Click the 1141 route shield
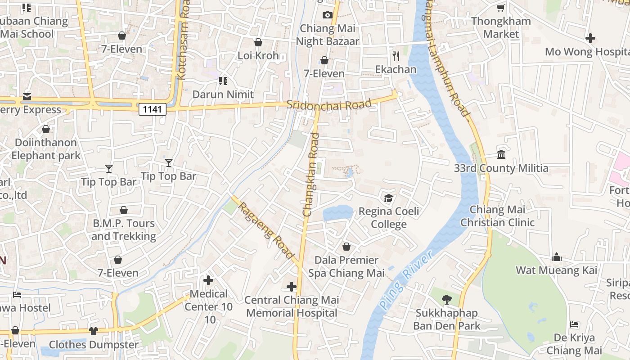click(153, 109)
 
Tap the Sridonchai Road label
click(329, 104)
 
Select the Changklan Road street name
click(311, 175)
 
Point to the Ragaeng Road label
click(265, 230)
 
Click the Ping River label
click(405, 279)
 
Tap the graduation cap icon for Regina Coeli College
click(388, 198)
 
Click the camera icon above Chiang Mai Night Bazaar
click(327, 15)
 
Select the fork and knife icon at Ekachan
click(396, 56)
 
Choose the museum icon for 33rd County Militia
click(501, 155)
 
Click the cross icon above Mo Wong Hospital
click(590, 39)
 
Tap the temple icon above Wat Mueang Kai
click(557, 257)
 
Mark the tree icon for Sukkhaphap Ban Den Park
click(447, 299)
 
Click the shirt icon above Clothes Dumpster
click(94, 331)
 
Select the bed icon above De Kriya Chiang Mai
click(574, 324)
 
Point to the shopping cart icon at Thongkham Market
click(501, 8)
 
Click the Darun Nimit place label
click(223, 94)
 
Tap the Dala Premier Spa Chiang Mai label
click(346, 266)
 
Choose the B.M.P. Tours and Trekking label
click(124, 229)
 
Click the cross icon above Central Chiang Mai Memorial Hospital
click(292, 287)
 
